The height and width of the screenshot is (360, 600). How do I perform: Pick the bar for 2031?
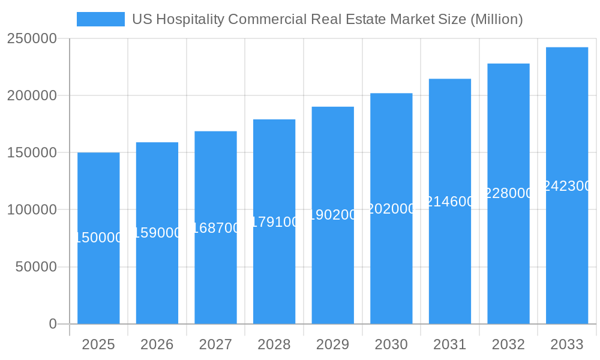(x=450, y=258)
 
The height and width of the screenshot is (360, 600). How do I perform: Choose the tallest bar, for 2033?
(x=567, y=252)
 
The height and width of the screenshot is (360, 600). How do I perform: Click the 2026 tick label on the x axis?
(x=157, y=344)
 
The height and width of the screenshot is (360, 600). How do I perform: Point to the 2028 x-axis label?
(x=274, y=344)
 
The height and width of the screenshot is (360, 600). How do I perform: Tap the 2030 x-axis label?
(x=391, y=344)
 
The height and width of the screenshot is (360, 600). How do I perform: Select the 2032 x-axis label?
(x=508, y=344)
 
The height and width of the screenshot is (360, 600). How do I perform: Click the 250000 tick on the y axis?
(x=32, y=39)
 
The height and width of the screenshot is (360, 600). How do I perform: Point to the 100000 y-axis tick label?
(x=32, y=210)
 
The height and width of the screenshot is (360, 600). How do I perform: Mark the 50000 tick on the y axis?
(x=35, y=267)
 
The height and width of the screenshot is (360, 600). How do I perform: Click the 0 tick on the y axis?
(x=53, y=324)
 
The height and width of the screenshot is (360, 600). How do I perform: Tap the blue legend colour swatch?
(x=101, y=19)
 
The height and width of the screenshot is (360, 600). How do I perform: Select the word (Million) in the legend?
(x=496, y=19)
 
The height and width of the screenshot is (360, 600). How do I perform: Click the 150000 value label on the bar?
(x=98, y=238)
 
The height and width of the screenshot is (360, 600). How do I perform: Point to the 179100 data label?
(x=274, y=222)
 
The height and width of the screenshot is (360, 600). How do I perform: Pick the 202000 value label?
(x=391, y=209)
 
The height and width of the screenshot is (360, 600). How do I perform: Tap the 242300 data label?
(x=567, y=186)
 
